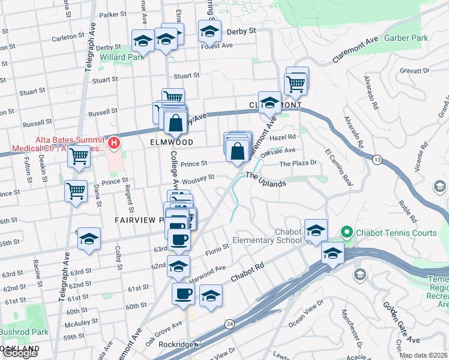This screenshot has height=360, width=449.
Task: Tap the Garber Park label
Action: pyautogui.click(x=406, y=37)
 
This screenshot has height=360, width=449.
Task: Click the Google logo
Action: pyautogui.click(x=19, y=353)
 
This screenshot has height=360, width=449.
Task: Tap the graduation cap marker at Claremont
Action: pyautogui.click(x=270, y=103)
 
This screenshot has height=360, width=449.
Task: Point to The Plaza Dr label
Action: pyautogui.click(x=298, y=163)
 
